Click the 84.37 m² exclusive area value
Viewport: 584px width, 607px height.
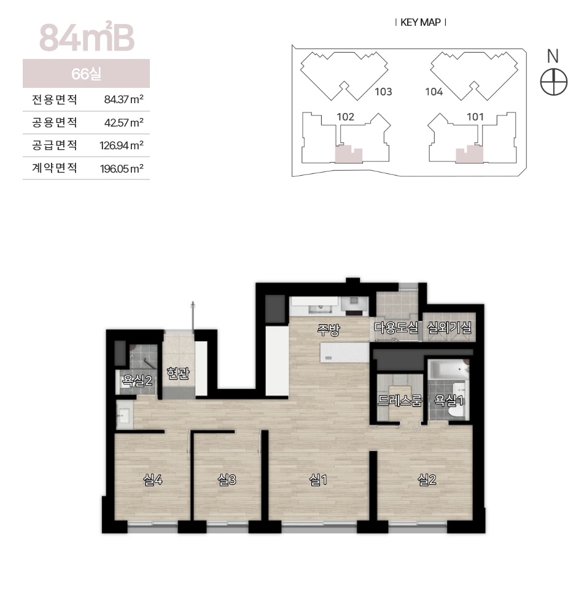pos(124,100)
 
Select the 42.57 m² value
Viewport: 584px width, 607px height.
pos(124,123)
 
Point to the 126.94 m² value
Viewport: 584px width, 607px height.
pos(122,146)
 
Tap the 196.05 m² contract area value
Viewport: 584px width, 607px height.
pos(122,169)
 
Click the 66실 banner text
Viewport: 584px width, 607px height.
pos(87,74)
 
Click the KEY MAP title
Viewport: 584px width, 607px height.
pos(421,23)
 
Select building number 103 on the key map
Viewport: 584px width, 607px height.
pos(383,92)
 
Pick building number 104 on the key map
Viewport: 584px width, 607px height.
pos(434,92)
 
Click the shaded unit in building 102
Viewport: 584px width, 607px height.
pos(348,155)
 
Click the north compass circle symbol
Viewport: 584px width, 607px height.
pos(553,82)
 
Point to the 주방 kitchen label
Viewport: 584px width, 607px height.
pos(328,330)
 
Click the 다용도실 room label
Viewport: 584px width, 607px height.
pos(396,328)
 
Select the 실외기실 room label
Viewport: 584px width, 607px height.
pos(450,328)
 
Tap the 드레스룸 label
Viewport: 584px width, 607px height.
pos(400,401)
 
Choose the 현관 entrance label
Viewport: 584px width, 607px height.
pos(178,373)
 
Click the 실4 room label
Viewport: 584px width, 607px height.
pos(152,480)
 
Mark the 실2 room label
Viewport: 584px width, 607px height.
pos(427,480)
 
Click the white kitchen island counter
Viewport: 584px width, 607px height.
pos(345,353)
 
